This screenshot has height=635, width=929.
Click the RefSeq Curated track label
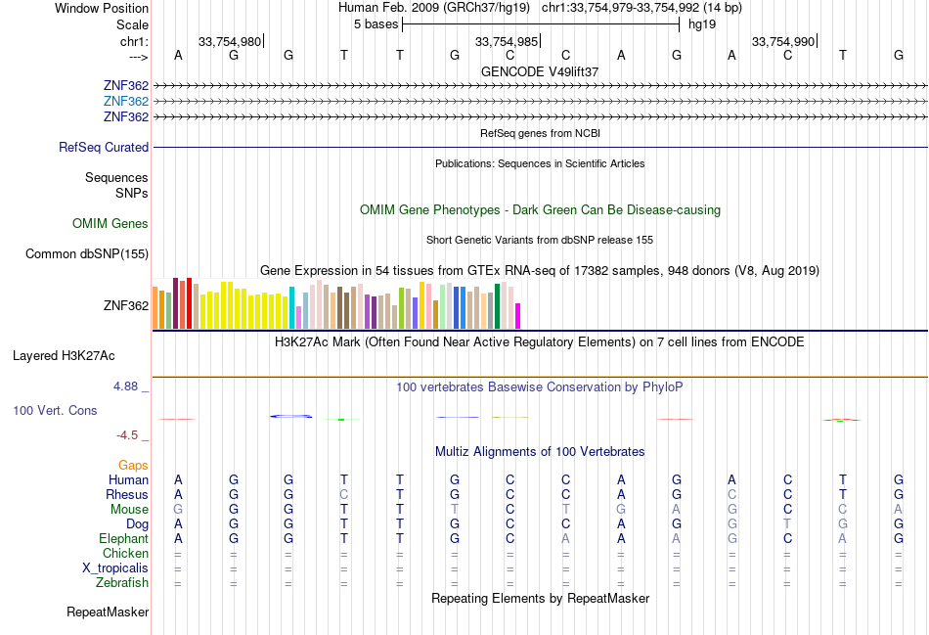pos(104,148)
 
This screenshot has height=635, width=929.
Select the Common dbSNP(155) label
pos(87,254)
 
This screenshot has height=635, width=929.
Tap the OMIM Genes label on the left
pos(111,224)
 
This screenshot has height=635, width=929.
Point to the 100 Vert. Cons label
pos(55,411)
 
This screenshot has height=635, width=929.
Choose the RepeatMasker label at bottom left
pos(108,612)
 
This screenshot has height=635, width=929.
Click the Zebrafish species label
pos(122,583)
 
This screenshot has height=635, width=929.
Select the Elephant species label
pos(123,539)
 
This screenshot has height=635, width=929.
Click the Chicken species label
pos(125,554)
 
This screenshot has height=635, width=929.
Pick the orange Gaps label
pos(133,466)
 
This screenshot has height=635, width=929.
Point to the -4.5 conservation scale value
pos(128,435)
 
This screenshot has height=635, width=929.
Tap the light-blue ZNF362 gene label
pos(126,102)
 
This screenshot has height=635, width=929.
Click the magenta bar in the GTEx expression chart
pos(518,316)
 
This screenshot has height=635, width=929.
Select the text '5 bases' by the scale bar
pos(376,23)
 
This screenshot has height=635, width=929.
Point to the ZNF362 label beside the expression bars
pos(126,305)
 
